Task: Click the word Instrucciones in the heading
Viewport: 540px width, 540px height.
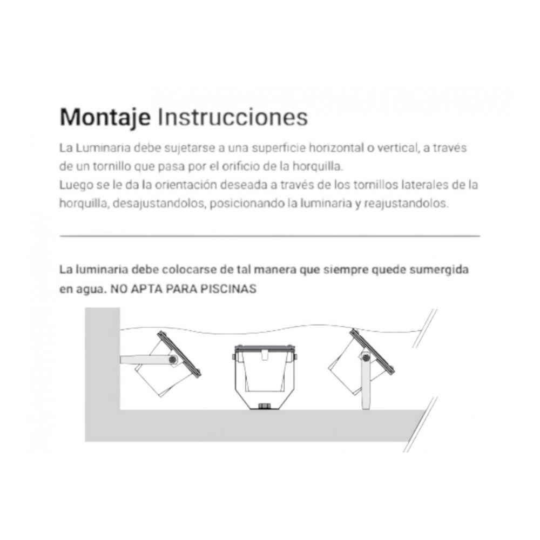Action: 232,117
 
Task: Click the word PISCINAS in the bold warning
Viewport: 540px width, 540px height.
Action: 228,288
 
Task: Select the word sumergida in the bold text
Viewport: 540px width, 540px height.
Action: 439,269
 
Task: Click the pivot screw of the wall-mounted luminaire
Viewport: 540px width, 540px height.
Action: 173,360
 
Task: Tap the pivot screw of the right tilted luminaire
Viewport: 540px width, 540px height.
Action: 366,358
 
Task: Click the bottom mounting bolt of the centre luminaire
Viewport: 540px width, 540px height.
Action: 264,406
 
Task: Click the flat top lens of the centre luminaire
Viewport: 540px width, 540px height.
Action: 265,348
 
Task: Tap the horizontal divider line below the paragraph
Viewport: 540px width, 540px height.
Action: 270,237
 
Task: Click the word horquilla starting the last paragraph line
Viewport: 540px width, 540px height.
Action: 84,203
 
